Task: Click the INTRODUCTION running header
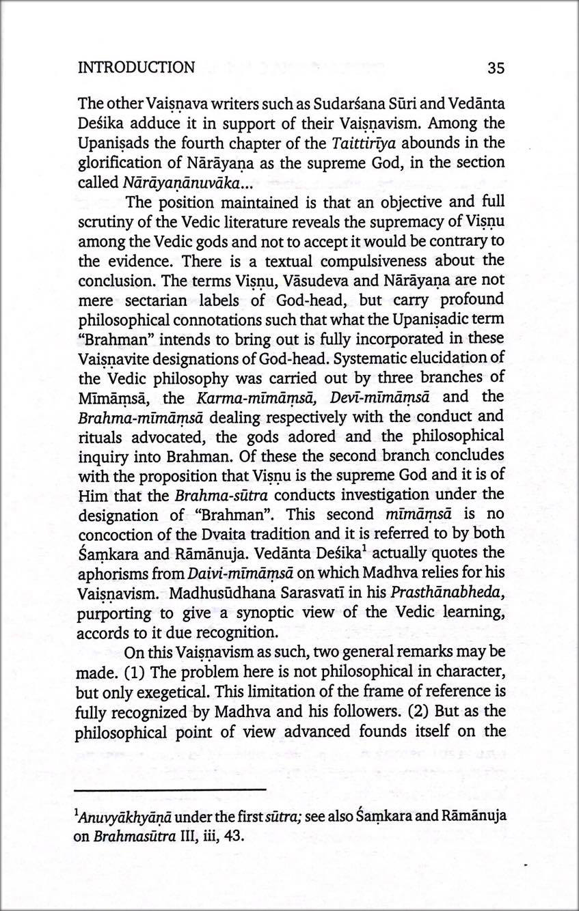coord(136,68)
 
